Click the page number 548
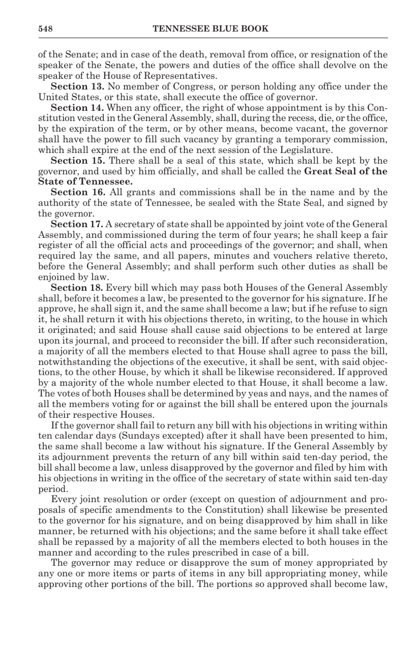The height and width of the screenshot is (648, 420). (46, 29)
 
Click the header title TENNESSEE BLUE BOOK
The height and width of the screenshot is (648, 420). (210, 29)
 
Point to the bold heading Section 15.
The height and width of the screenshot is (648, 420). (77, 161)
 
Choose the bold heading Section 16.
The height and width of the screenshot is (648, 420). (77, 192)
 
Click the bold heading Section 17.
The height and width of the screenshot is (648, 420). (77, 224)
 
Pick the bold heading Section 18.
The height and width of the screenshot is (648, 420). (77, 288)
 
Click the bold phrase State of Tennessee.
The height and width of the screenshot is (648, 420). (85, 182)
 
